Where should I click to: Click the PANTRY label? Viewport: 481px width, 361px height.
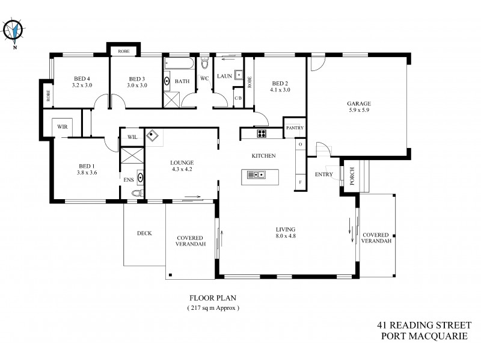pos(295,128)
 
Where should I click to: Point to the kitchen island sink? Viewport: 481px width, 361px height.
pos(257,175)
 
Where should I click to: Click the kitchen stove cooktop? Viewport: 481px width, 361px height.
pos(262,133)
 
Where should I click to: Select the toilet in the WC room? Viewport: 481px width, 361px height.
pos(204,64)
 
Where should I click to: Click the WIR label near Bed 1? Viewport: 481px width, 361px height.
pos(63,127)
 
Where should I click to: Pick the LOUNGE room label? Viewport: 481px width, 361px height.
pos(181,162)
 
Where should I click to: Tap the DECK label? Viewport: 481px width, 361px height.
pos(144,233)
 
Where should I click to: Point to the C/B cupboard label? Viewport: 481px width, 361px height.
pos(237,98)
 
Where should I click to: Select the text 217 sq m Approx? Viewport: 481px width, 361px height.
pos(214,307)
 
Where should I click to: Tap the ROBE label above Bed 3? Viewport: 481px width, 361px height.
pos(124,51)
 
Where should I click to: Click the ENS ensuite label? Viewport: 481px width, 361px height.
pos(128,179)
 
